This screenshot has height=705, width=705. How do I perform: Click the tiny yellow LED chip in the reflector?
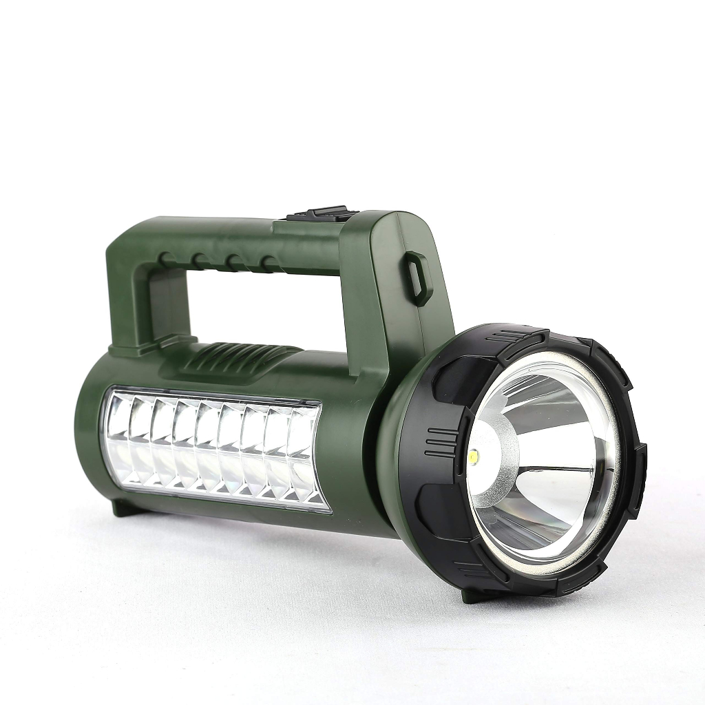point(476,455)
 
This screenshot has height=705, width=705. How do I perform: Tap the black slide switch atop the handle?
point(317,214)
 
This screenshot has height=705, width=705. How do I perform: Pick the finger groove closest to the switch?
point(269,263)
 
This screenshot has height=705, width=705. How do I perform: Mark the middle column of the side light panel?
point(209,448)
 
